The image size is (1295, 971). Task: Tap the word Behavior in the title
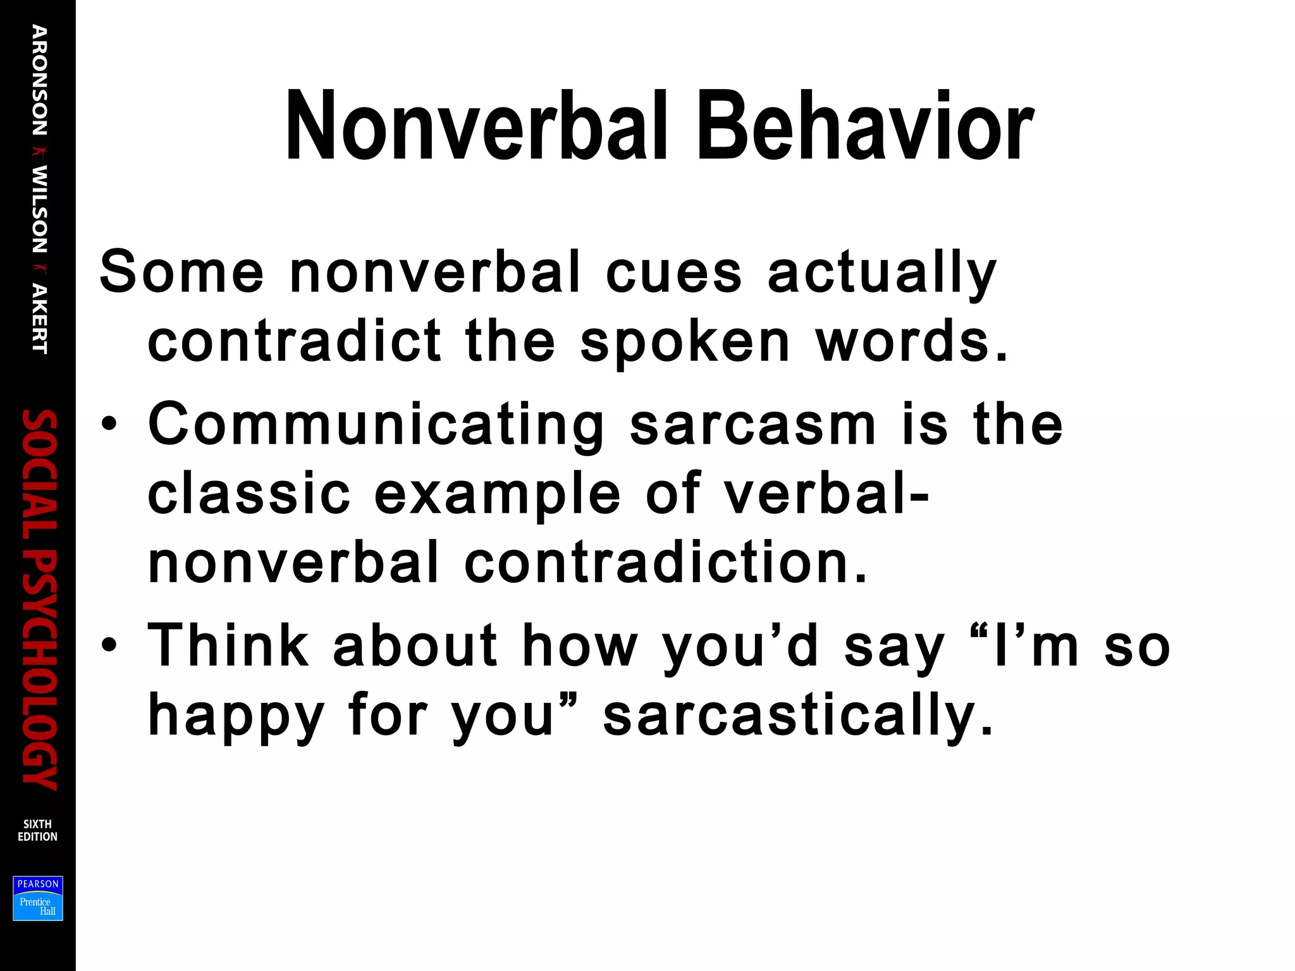(865, 126)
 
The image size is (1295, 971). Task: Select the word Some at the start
(181, 272)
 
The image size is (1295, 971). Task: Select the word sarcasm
(753, 425)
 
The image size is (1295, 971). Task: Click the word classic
(249, 493)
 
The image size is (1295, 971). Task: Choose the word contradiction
(666, 562)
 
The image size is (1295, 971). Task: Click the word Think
(228, 645)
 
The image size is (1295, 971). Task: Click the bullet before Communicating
(109, 425)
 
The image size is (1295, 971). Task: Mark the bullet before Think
(109, 645)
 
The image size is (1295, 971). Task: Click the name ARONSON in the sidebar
(39, 80)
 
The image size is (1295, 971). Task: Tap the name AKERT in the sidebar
(39, 319)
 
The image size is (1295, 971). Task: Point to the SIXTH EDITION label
(37, 830)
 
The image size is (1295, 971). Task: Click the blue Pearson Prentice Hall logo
(38, 898)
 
